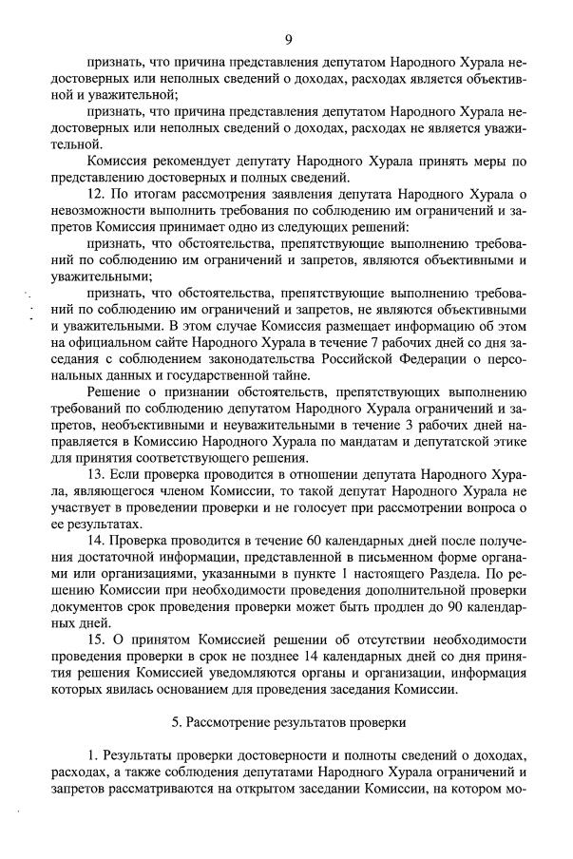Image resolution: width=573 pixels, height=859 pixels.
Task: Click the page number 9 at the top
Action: point(287,39)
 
